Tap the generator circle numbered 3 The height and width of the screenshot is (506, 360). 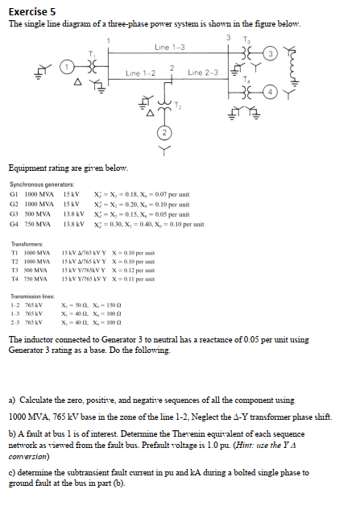tap(295, 52)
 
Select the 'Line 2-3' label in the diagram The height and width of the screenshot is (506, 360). tap(203, 74)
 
